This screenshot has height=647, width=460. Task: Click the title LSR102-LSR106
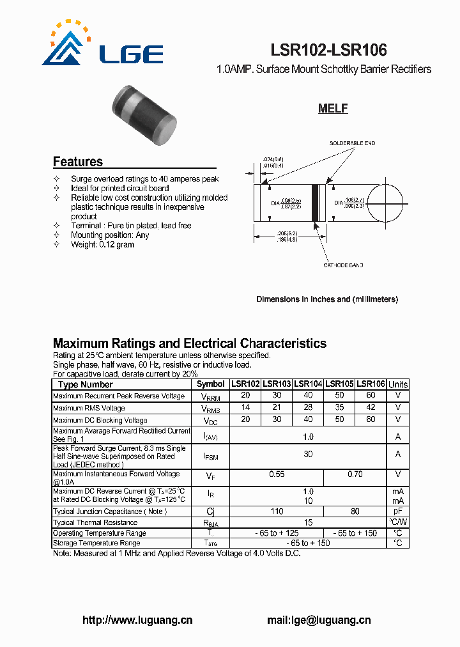[x=329, y=50]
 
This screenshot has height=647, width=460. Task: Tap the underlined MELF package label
[x=333, y=109]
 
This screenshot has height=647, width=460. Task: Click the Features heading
[x=77, y=162]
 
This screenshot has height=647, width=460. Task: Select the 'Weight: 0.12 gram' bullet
[x=102, y=244]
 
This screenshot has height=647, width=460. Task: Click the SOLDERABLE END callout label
[x=352, y=143]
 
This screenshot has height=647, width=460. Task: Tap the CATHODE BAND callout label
[x=342, y=265]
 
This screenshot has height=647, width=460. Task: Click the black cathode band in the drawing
[x=315, y=203]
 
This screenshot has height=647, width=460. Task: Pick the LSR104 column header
[x=308, y=384]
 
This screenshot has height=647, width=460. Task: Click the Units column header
[x=398, y=384]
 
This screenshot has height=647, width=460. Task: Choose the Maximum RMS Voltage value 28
[x=308, y=408]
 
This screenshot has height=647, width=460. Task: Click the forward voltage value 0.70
[x=355, y=475]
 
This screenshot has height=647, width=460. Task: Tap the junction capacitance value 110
[x=276, y=511]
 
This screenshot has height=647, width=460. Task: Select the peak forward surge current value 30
[x=308, y=454]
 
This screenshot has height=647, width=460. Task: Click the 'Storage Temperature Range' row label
[x=96, y=543]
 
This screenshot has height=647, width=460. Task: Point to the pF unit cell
[x=398, y=511]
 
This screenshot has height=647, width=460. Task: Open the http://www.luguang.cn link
[x=137, y=620]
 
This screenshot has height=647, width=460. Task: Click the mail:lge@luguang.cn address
[x=318, y=620]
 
